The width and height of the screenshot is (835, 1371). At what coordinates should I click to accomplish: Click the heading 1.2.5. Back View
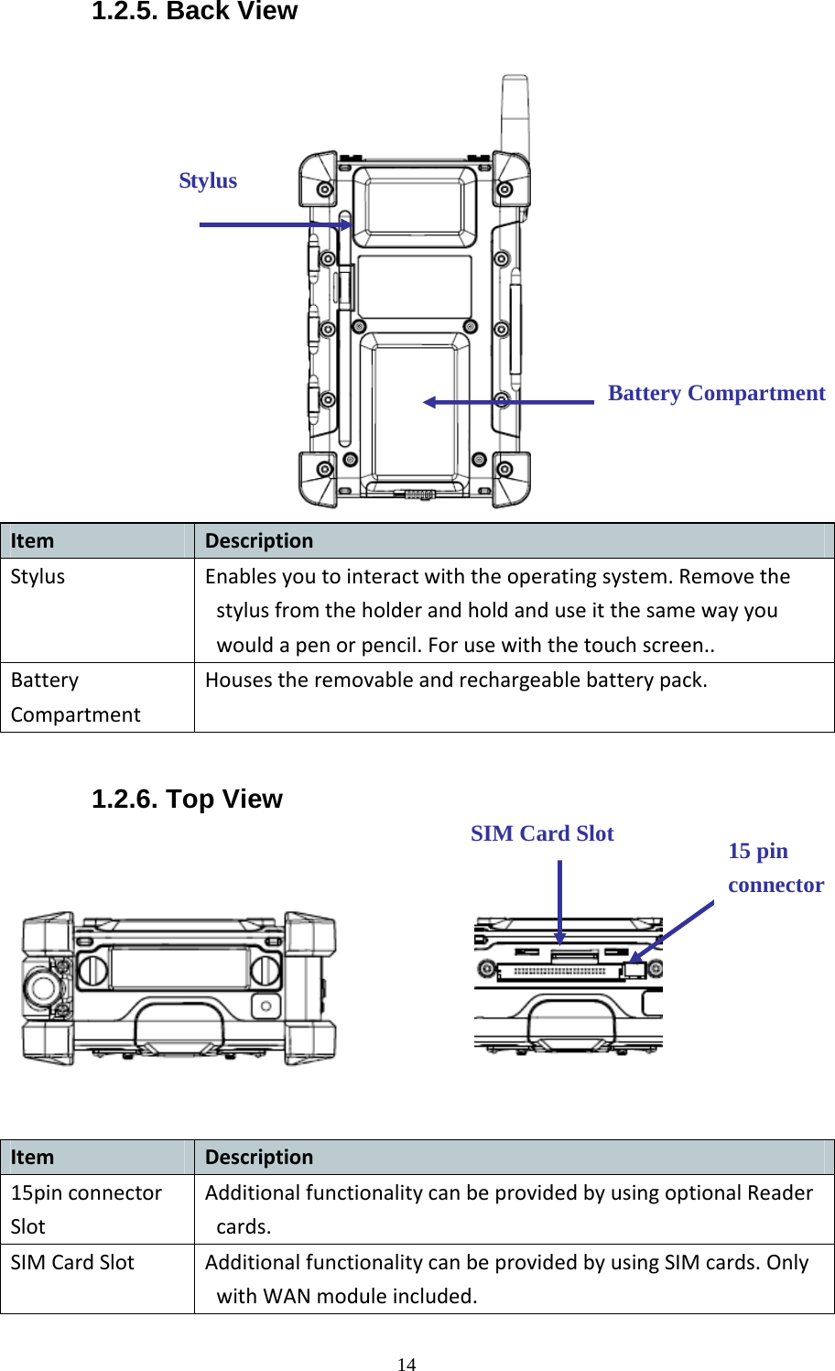point(194,12)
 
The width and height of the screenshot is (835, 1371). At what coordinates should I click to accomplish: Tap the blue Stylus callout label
point(208,181)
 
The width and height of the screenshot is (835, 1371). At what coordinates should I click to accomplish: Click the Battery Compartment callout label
point(716,394)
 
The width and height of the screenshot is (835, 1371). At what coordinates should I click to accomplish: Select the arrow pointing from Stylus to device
point(275,224)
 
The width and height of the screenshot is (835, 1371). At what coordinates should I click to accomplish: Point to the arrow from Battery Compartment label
point(509,402)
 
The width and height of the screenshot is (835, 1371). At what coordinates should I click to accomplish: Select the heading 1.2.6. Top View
point(187,799)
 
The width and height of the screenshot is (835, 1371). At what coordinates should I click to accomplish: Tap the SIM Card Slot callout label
point(542,834)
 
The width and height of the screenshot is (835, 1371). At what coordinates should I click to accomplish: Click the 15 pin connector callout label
point(775,868)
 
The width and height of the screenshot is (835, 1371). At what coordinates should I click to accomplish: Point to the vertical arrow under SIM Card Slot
point(560,902)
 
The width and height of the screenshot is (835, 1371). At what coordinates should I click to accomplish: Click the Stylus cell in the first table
point(38,577)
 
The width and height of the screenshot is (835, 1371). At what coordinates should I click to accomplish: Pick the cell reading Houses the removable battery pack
point(456,680)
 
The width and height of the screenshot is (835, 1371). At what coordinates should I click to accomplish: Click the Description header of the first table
point(259,541)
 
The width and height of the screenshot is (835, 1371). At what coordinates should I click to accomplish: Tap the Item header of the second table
point(32,1158)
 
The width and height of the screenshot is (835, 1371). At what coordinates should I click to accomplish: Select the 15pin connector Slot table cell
point(86,1209)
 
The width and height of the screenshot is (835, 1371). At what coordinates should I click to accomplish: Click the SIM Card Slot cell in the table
point(72,1263)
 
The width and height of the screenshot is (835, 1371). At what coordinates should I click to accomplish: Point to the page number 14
point(407,1365)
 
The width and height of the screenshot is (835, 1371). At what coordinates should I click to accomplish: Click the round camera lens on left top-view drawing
point(42,987)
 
